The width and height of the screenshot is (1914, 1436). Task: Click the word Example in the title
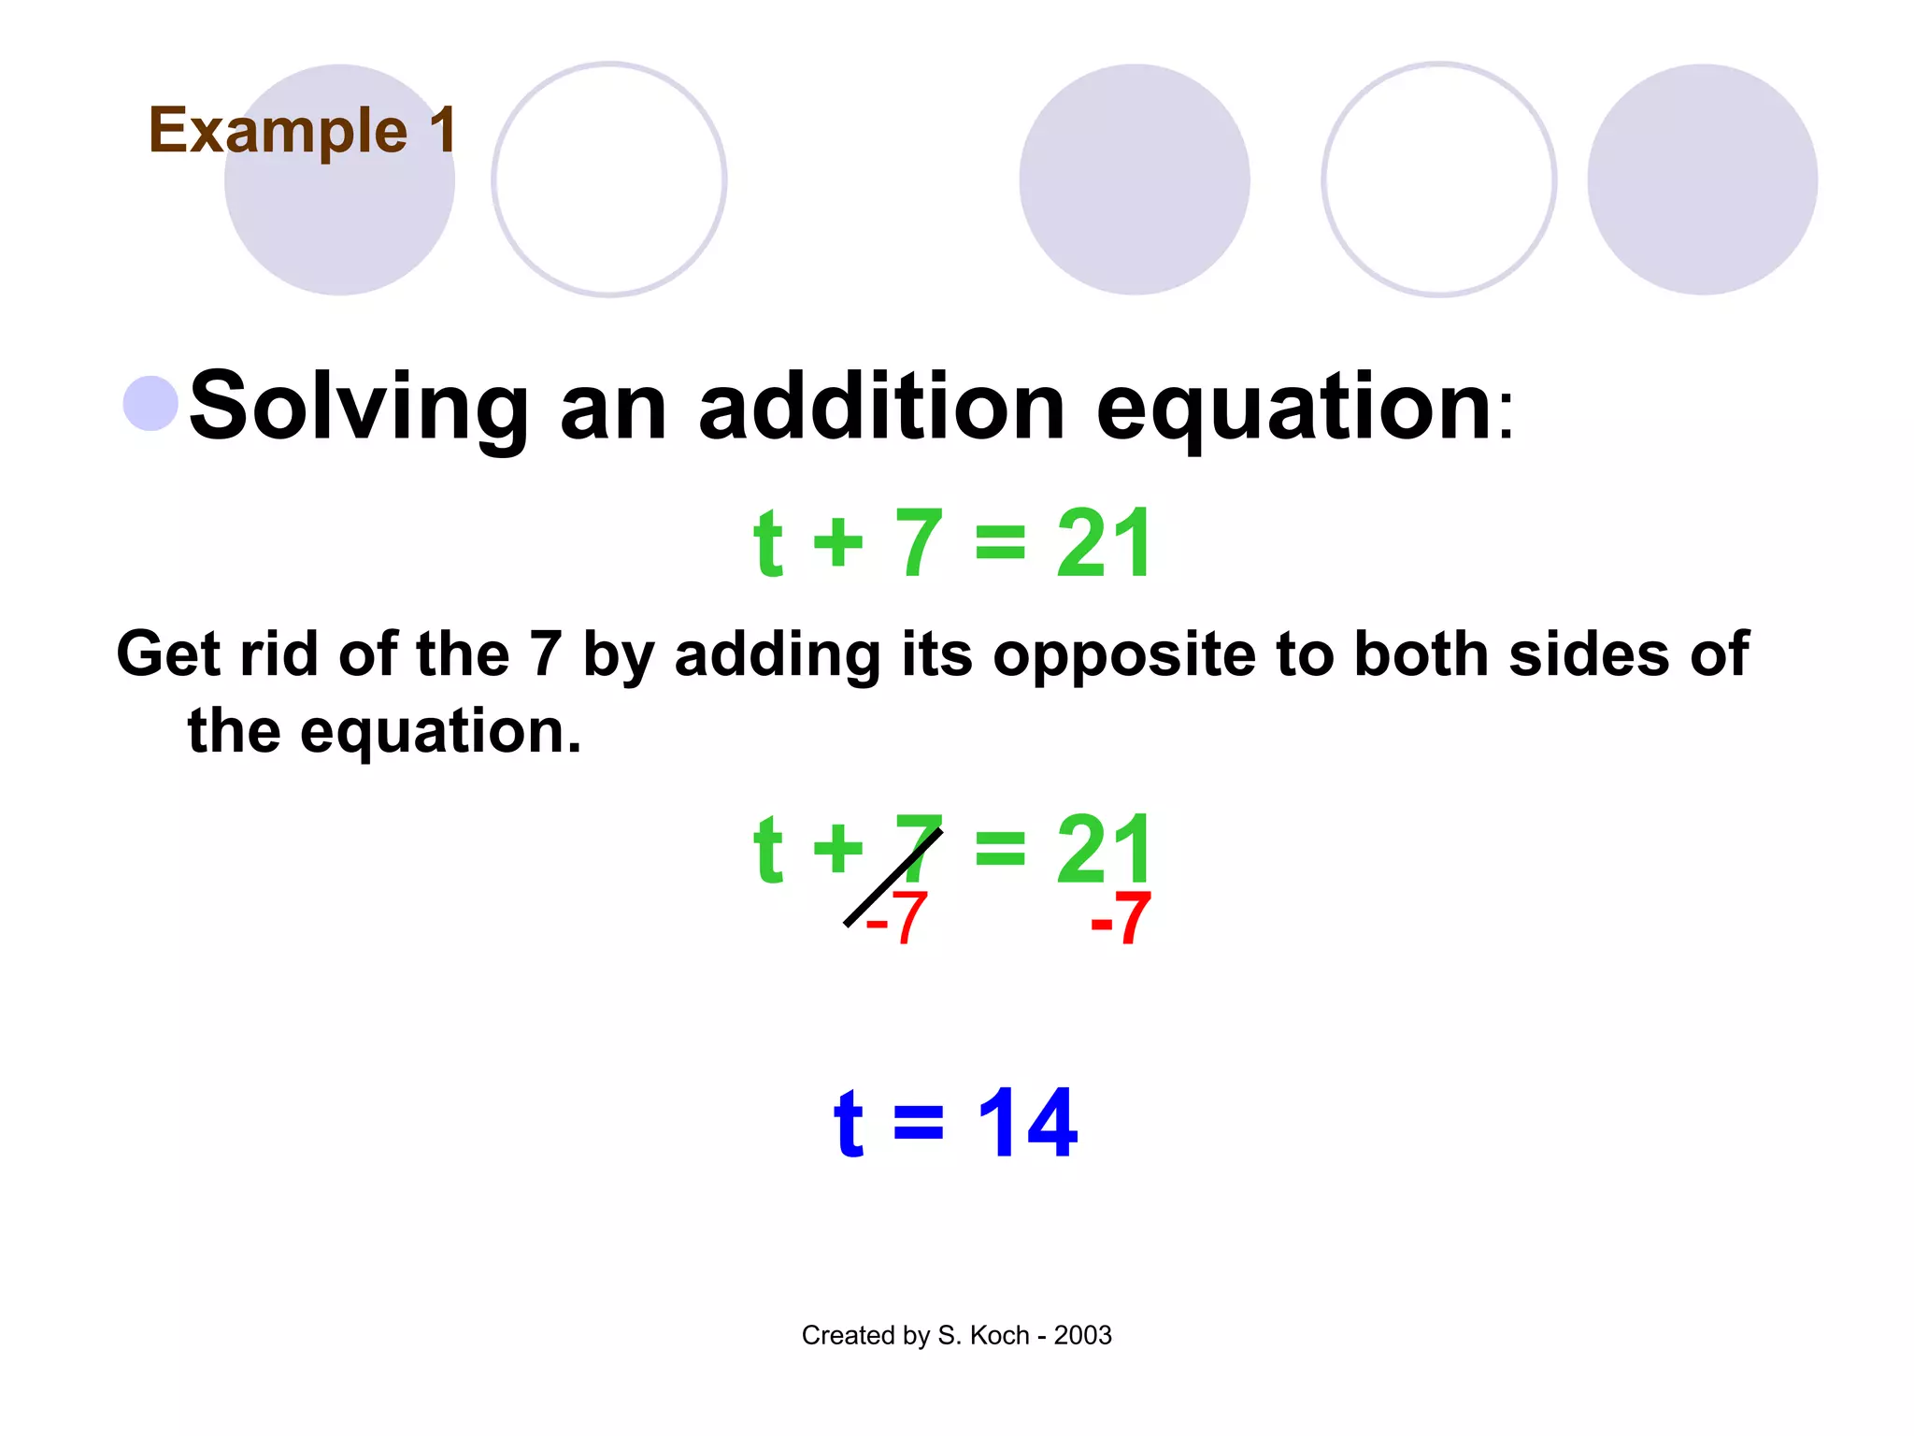(278, 131)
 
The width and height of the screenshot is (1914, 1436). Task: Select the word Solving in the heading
(360, 408)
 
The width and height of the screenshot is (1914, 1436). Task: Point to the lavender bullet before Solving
(150, 404)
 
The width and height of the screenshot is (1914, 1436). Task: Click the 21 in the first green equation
(1104, 543)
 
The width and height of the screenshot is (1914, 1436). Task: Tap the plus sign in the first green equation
(837, 545)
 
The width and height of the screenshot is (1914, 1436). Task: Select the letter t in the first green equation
(767, 543)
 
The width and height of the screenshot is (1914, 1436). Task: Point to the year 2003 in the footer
(1082, 1335)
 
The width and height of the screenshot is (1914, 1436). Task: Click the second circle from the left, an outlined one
(609, 179)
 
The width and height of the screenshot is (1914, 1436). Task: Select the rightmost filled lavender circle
(1702, 179)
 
